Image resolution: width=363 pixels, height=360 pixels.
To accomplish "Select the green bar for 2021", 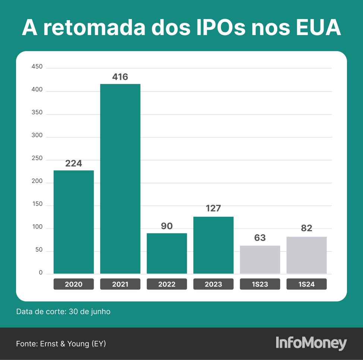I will click(x=120, y=179).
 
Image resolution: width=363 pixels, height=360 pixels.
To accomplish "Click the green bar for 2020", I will click(x=73, y=222).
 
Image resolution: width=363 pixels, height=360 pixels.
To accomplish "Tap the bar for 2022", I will click(x=167, y=253).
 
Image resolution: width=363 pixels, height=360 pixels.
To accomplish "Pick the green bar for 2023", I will click(x=213, y=245).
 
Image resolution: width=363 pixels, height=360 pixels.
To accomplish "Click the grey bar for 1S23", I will click(x=260, y=260).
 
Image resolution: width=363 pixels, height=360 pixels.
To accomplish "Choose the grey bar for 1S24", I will click(x=306, y=255).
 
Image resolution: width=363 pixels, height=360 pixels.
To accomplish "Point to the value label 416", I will click(x=120, y=77).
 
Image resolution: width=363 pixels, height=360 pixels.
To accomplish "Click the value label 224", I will click(x=73, y=163).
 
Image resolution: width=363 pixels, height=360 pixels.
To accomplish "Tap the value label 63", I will click(x=260, y=238).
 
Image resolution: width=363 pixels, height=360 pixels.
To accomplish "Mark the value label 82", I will click(x=306, y=228).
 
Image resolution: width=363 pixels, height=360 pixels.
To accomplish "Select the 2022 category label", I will click(x=167, y=284).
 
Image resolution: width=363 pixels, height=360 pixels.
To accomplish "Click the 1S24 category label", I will click(x=306, y=284).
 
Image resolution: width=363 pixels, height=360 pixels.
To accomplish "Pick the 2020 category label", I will click(x=73, y=284).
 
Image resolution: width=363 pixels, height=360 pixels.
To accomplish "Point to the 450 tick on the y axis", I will click(x=38, y=67).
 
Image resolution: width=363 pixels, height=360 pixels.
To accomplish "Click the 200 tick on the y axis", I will click(x=38, y=182).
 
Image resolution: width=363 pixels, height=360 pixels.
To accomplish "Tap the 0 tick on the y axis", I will click(x=41, y=273).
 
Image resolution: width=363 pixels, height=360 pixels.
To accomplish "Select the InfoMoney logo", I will click(x=311, y=343).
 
